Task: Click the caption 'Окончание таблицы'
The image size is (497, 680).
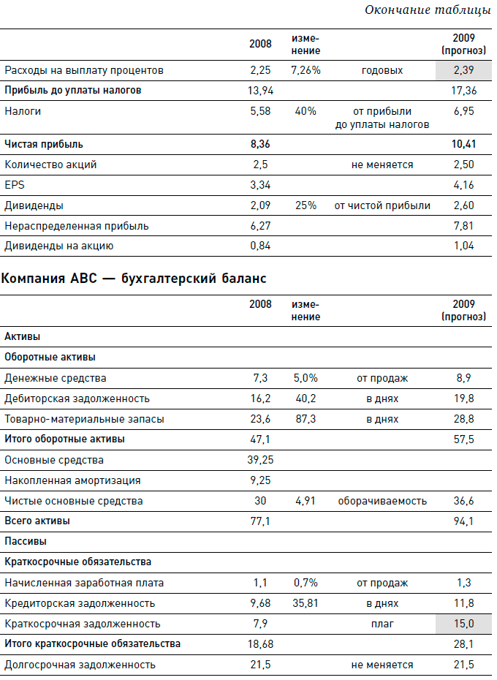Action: [x=428, y=10]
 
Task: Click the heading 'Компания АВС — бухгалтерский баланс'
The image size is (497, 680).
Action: [x=135, y=279]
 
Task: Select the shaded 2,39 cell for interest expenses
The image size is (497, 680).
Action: [x=464, y=70]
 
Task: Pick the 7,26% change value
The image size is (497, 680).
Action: [x=306, y=70]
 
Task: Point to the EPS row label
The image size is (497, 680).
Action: [x=14, y=185]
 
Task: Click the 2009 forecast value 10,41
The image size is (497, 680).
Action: [x=464, y=144]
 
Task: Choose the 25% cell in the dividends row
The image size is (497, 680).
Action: [x=306, y=205]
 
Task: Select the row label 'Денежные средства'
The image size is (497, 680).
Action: [x=56, y=378]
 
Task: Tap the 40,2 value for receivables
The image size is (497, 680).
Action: [x=306, y=398]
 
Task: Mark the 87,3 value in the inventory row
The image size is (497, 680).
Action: [x=306, y=419]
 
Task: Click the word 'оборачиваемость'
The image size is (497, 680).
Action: [x=382, y=501]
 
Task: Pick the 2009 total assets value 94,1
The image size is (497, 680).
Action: [x=464, y=521]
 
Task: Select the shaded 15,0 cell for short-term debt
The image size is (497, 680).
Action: [x=464, y=624]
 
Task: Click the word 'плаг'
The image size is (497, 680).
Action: [x=382, y=624]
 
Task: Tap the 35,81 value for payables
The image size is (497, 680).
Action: [x=306, y=603]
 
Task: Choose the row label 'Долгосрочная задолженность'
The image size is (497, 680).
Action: [x=80, y=665]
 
